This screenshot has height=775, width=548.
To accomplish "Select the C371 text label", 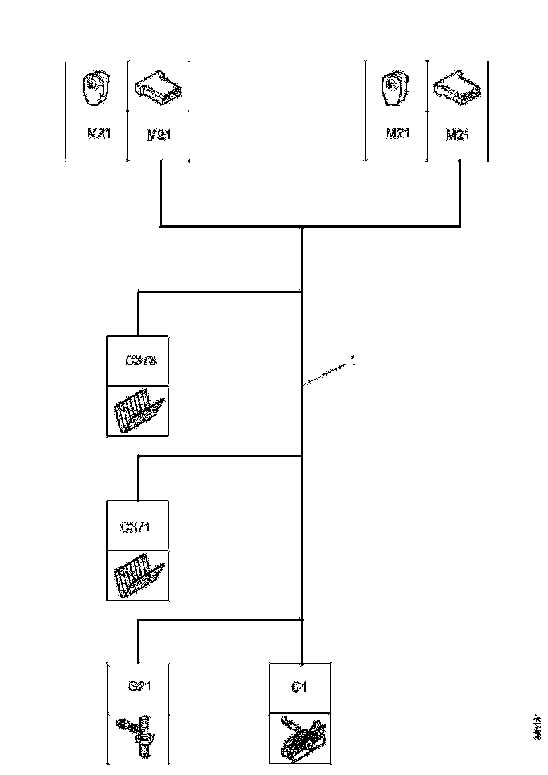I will (x=136, y=526).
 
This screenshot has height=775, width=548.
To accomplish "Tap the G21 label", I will (x=137, y=687).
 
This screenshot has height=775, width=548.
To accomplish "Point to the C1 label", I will (x=299, y=687).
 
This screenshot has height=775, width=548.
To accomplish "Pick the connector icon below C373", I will (x=137, y=411).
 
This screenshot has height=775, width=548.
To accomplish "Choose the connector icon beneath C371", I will (x=137, y=576).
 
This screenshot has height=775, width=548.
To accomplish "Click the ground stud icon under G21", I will (x=137, y=738).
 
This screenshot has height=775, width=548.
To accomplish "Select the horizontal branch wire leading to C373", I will (x=219, y=291).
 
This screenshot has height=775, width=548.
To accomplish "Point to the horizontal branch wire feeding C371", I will (x=219, y=457).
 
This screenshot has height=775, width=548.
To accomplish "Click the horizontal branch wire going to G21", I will (x=219, y=620).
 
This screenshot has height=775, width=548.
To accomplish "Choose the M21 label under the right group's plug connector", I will (x=458, y=135).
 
